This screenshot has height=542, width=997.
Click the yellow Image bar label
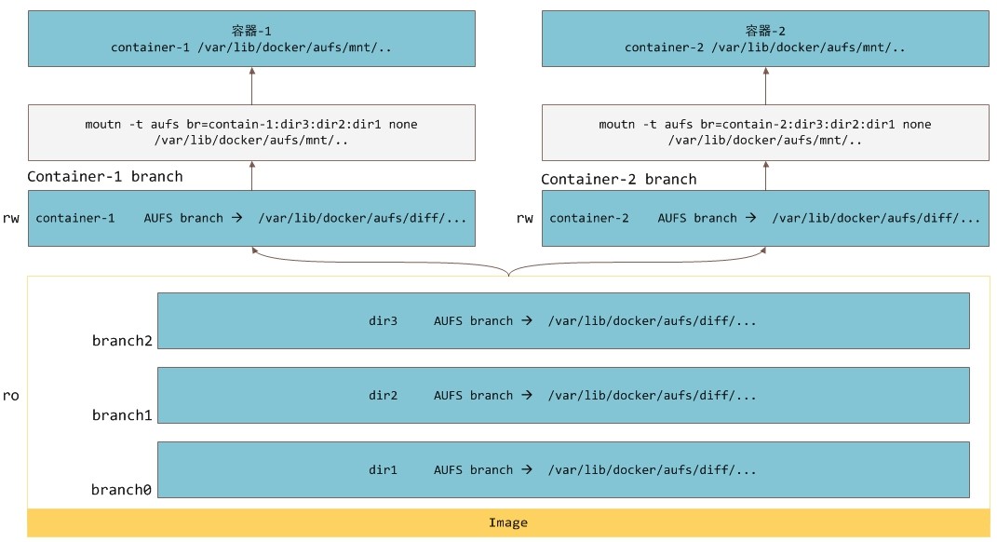[508, 523]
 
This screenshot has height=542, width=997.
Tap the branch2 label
[122, 341]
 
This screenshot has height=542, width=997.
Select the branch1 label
[122, 415]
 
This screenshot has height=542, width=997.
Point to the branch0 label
[121, 490]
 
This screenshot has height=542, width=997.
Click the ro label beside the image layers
[11, 396]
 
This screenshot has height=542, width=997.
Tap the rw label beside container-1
[11, 219]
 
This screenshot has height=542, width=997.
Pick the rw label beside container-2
[525, 219]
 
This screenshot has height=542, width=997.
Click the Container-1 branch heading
[105, 177]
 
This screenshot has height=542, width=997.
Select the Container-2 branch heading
[619, 180]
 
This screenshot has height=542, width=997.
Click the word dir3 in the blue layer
[383, 321]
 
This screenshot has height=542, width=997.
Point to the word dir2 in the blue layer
[383, 396]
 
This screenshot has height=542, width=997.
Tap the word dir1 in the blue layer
[383, 470]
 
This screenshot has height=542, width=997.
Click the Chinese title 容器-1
[251, 31]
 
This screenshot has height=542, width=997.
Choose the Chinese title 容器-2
[765, 31]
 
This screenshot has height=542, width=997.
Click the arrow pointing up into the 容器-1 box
[251, 86]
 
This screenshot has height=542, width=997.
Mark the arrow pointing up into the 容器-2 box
[765, 86]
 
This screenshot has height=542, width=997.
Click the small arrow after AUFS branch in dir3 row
[527, 320]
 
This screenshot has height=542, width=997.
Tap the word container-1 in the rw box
[75, 218]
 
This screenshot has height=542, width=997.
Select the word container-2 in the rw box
[588, 218]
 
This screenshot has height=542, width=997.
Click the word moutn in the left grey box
[103, 125]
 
